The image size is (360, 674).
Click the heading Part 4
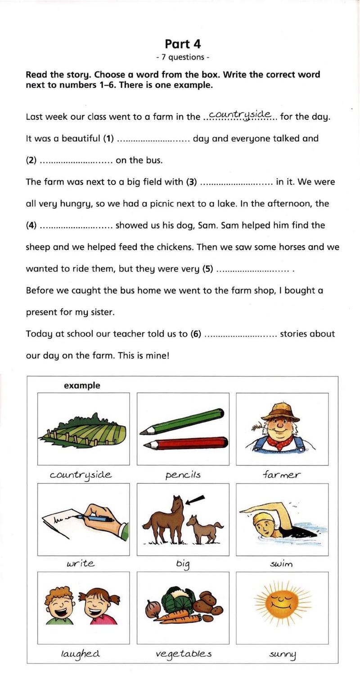coord(183,44)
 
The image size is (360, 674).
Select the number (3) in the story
coord(190,182)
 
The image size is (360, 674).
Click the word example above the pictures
coord(82,386)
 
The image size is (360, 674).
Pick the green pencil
coord(182,422)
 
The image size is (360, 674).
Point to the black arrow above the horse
coord(195,499)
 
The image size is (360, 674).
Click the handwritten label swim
coord(282,564)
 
